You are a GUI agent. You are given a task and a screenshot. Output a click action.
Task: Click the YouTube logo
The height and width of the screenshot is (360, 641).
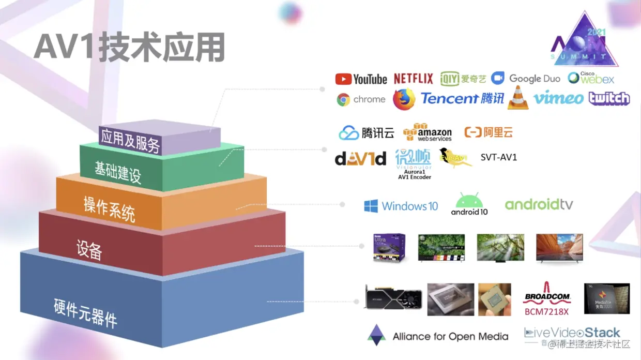[361, 79]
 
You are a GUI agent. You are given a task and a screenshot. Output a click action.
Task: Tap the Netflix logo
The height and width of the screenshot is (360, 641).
[413, 79]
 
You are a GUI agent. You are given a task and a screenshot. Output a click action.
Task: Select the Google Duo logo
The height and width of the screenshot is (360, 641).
[526, 79]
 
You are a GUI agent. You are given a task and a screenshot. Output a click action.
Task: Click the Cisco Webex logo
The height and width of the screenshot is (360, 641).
[591, 78]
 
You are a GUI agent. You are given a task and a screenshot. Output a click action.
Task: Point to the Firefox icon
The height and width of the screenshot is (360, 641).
[404, 99]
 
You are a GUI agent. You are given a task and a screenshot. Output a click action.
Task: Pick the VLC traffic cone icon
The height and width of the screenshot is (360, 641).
[518, 98]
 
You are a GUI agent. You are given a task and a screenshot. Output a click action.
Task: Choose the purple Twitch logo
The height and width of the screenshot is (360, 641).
[609, 98]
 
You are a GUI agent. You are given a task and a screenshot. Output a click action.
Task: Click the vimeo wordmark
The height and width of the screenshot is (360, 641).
[558, 98]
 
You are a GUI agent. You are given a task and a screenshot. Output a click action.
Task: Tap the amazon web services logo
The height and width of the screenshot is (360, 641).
[428, 132]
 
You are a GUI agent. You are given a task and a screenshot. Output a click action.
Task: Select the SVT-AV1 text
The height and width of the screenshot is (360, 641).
[499, 157]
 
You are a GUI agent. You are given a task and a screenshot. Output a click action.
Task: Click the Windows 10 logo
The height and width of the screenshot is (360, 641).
[401, 206]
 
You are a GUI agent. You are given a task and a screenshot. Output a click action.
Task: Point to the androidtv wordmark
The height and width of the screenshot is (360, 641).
[539, 205]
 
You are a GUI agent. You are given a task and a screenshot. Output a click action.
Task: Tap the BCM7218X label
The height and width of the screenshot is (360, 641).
[546, 311]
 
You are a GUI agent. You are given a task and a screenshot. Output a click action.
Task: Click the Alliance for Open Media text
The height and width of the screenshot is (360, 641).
[450, 337]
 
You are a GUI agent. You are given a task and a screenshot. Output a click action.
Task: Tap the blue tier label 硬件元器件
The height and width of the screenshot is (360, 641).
[85, 313]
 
